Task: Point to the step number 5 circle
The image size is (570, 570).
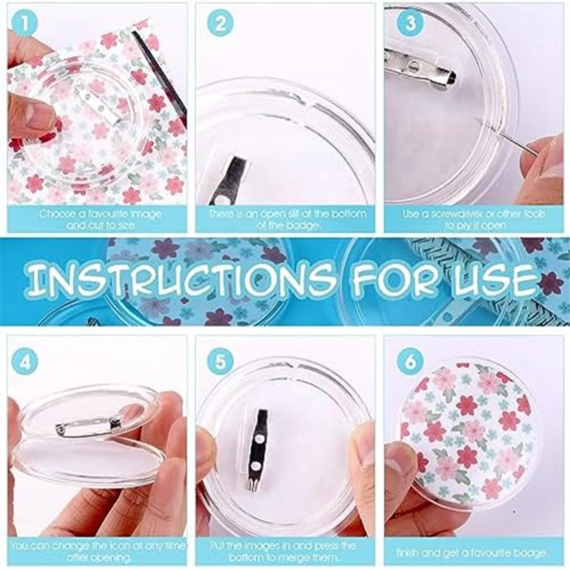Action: pyautogui.click(x=220, y=361)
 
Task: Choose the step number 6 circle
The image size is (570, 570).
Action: pyautogui.click(x=409, y=361)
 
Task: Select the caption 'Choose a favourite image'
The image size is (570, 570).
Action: pyautogui.click(x=100, y=214)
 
